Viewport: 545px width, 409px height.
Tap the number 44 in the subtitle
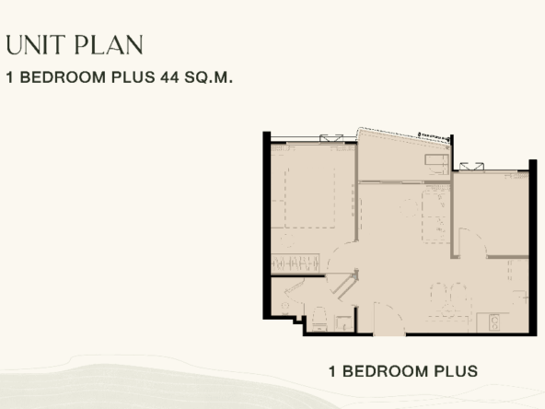point(169,77)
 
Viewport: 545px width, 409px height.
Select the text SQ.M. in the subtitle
point(208,77)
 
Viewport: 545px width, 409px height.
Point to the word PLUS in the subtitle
point(133,77)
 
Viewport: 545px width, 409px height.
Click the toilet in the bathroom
point(319,319)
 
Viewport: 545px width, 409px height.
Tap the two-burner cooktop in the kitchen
point(493,322)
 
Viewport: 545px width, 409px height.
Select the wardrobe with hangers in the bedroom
point(296,263)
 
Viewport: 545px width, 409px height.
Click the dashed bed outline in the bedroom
point(309,198)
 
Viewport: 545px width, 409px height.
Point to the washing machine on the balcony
point(436,164)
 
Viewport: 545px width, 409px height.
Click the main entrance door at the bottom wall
point(389,320)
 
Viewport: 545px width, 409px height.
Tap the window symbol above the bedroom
point(331,138)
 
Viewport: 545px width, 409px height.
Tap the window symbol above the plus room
point(471,166)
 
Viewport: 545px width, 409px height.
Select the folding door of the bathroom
point(344,285)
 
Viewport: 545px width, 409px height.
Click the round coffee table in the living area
point(409,208)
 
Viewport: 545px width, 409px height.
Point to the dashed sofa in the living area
point(435,214)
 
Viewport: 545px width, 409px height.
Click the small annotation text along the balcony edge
point(434,137)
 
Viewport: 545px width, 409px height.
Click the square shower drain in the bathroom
point(342,323)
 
